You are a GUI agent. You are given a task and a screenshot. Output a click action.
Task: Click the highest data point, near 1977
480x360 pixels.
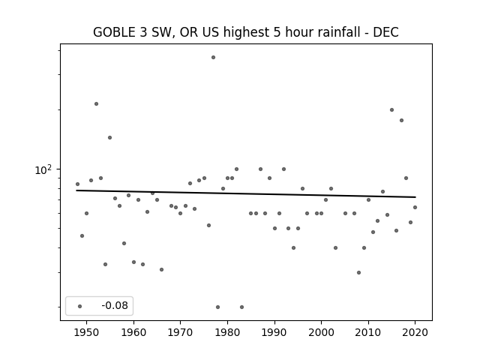coord(213,57)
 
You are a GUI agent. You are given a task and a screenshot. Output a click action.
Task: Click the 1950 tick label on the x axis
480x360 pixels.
coord(87,332)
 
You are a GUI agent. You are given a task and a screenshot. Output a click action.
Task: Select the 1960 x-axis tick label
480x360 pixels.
coord(133,332)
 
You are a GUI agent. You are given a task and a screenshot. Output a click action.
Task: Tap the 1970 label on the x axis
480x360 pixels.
coord(180,332)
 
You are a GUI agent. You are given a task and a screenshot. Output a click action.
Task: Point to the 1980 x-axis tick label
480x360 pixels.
coord(227,332)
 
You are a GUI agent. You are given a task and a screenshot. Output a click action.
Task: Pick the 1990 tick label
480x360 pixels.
coord(274,332)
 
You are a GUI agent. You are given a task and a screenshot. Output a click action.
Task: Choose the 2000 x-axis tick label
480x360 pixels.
coord(321,332)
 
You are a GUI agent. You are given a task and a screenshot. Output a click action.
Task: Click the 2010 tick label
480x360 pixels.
coord(368,332)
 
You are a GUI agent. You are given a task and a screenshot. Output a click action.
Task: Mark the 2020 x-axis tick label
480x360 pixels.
coord(415,332)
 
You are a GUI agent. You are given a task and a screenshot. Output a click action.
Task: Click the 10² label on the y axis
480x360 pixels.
coord(43,169)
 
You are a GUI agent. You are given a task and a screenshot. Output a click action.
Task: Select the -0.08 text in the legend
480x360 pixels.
coord(115,305)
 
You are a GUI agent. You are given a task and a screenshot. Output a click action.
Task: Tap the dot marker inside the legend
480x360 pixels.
coord(80,306)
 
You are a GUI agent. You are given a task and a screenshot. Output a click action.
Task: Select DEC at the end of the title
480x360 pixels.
coord(385,32)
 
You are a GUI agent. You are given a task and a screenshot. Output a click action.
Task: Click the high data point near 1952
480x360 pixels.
coord(97,103)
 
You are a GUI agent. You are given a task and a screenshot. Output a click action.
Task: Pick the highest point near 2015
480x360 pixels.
coord(391,109)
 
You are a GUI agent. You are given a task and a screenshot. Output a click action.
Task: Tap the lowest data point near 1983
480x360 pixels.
coord(241,307)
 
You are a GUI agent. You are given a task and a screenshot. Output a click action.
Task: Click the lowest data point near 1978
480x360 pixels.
coord(218,307)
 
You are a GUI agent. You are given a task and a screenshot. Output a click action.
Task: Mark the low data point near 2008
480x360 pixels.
coord(358,272)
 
